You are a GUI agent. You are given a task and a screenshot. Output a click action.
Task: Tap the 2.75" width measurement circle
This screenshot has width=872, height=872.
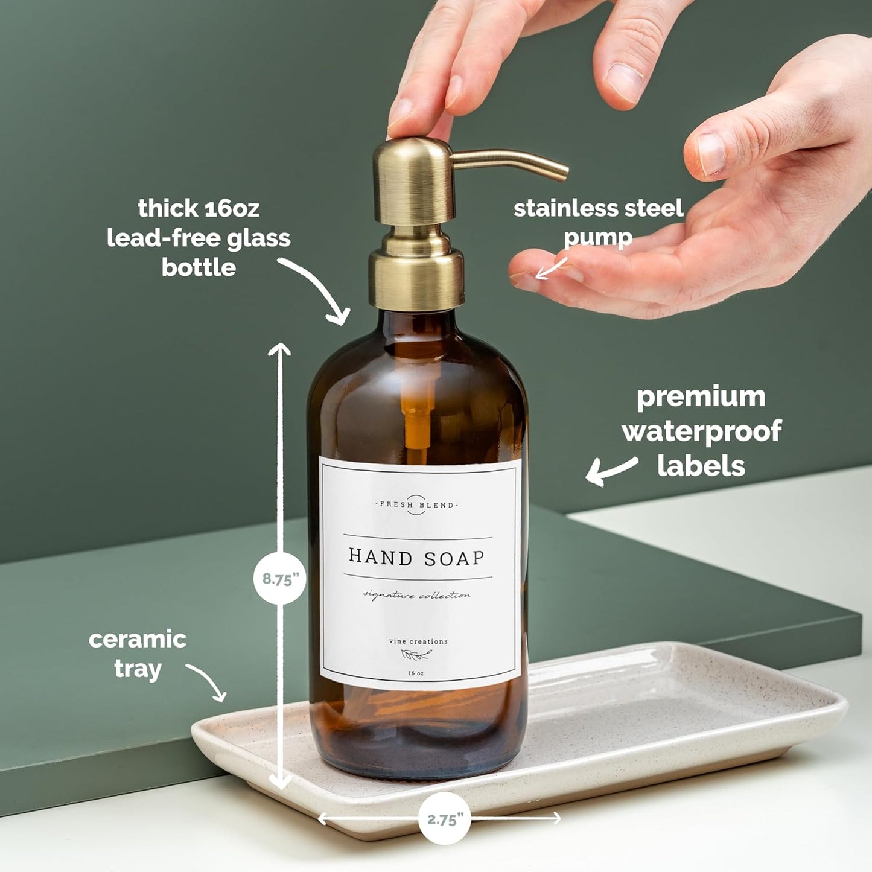(445, 819)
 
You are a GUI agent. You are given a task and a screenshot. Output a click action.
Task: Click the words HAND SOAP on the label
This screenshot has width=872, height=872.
(416, 558)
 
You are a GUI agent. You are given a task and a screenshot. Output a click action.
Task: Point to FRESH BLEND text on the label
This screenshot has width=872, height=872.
(416, 504)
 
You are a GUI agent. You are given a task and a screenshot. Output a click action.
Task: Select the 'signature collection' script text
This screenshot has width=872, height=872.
(416, 596)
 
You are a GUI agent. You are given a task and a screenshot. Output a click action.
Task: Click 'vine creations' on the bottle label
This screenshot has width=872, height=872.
(418, 641)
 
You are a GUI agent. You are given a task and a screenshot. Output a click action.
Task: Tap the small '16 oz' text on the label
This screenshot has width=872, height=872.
(416, 673)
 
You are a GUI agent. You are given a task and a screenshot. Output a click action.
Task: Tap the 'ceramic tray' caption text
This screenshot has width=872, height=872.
(138, 654)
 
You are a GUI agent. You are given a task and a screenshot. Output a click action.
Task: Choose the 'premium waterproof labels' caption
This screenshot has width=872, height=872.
(701, 431)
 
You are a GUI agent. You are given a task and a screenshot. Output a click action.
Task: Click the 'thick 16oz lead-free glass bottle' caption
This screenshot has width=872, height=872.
(199, 238)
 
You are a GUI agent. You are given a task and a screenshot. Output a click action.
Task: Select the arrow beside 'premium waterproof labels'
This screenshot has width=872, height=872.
(611, 471)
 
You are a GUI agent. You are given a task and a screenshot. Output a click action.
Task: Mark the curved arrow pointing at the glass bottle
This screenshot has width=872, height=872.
(318, 290)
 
